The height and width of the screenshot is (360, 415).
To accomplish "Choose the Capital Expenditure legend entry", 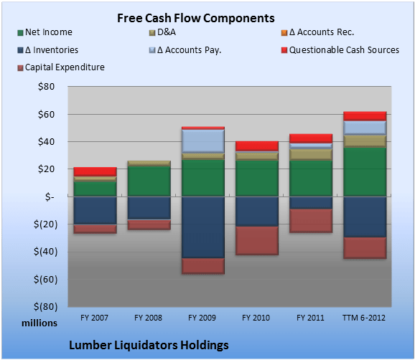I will [65, 67].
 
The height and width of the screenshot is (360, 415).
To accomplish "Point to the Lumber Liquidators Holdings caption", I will [149, 345].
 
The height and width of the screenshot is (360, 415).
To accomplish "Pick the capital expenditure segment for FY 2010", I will [257, 240].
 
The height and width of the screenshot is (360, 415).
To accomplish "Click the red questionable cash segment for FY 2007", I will [95, 171].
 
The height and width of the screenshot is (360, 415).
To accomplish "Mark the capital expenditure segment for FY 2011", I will [311, 220].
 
